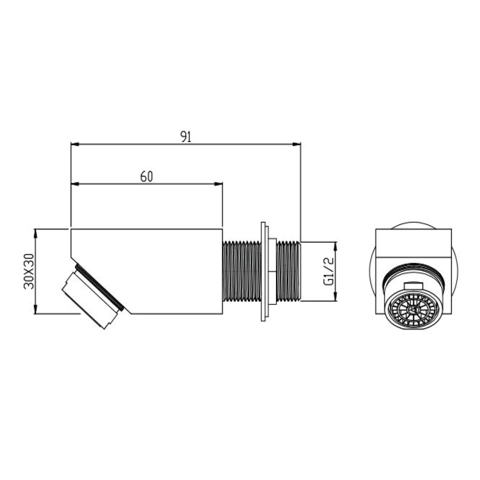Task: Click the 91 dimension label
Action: pyautogui.click(x=186, y=136)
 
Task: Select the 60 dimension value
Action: pyautogui.click(x=146, y=177)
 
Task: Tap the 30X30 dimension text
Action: pyautogui.click(x=29, y=271)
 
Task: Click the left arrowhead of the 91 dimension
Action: pyautogui.click(x=75, y=144)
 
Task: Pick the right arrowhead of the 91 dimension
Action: pyautogui.click(x=296, y=144)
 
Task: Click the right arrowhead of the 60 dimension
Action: pyautogui.click(x=218, y=184)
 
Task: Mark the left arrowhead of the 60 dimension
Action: pyautogui.click(x=75, y=184)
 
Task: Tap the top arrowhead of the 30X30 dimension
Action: pyautogui.click(x=36, y=233)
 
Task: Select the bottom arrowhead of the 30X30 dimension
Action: pyautogui.click(x=36, y=309)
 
